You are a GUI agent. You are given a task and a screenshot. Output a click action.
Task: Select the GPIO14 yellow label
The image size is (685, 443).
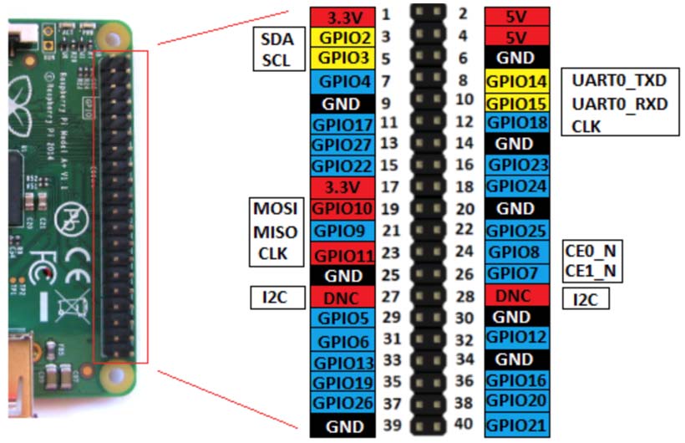[x=517, y=81]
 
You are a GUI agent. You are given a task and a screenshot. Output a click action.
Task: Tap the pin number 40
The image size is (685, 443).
[x=463, y=424]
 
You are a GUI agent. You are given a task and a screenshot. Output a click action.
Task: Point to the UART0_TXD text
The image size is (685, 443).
[x=619, y=80]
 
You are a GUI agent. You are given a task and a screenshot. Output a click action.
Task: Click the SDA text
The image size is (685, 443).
[x=277, y=39]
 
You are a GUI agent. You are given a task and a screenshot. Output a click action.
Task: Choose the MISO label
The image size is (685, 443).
[x=275, y=232]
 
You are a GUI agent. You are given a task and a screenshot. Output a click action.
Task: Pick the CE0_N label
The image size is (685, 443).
[x=591, y=251]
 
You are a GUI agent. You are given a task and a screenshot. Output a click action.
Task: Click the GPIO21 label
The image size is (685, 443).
[x=517, y=425]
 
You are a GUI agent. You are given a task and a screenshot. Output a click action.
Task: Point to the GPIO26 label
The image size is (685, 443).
[x=342, y=403]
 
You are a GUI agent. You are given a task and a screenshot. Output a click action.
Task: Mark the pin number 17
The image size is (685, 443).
[x=389, y=187]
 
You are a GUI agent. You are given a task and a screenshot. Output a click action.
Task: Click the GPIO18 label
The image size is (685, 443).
[x=517, y=123]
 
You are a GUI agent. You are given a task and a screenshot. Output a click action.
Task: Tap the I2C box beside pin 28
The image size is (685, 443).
[x=586, y=299]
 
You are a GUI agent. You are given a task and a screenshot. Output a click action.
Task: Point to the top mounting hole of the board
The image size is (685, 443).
[x=113, y=39]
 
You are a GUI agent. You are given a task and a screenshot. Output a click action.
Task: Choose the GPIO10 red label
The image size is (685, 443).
[x=342, y=209]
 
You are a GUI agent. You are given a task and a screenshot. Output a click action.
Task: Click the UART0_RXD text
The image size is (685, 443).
[x=620, y=104]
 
